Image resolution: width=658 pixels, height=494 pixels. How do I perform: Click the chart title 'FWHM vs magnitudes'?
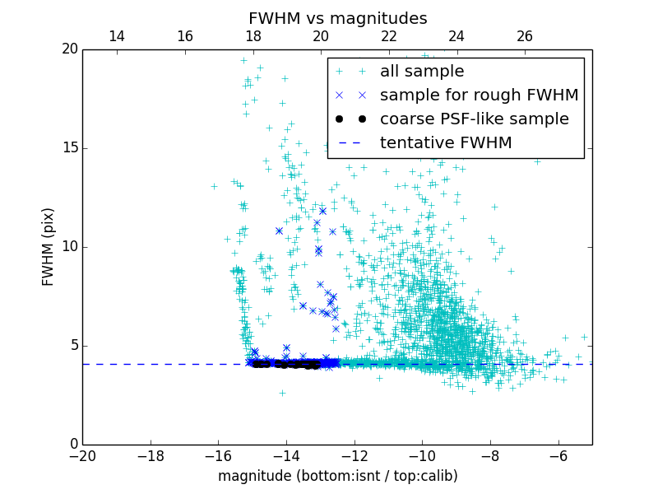pyautogui.click(x=337, y=18)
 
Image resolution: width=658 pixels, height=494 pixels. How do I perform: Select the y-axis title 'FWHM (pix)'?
pyautogui.click(x=49, y=246)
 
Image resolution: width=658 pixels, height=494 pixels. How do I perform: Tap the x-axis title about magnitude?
pyautogui.click(x=337, y=476)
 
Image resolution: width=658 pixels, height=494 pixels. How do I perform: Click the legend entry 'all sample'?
pyautogui.click(x=421, y=72)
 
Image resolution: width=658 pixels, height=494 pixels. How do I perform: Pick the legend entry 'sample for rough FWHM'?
pyautogui.click(x=479, y=96)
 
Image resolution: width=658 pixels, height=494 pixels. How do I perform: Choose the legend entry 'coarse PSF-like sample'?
pyautogui.click(x=474, y=119)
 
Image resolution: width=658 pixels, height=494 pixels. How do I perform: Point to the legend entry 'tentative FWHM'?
pyautogui.click(x=445, y=143)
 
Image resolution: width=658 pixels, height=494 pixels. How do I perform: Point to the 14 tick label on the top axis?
pyautogui.click(x=117, y=36)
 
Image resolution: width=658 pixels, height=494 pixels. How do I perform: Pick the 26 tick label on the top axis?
pyautogui.click(x=525, y=36)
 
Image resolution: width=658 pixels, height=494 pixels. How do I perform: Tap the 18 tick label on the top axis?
pyautogui.click(x=253, y=36)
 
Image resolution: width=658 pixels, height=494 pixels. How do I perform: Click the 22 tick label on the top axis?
pyautogui.click(x=389, y=36)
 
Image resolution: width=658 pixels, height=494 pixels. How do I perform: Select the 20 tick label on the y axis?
pyautogui.click(x=68, y=49)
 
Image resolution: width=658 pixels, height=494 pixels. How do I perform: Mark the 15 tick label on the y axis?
pyautogui.click(x=68, y=148)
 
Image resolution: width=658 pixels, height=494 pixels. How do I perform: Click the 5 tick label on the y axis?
pyautogui.click(x=72, y=346)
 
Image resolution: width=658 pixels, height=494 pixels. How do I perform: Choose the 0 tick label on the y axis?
pyautogui.click(x=72, y=445)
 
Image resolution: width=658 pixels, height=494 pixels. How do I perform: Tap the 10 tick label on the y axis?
pyautogui.click(x=68, y=247)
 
